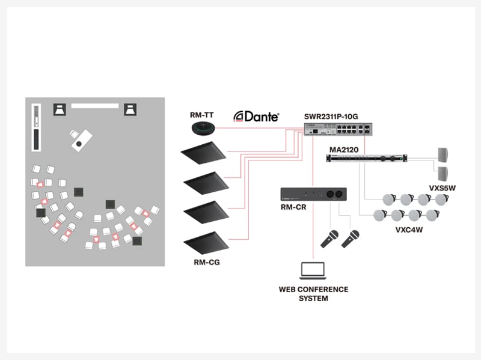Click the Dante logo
pyautogui.click(x=256, y=116)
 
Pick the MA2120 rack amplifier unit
pyautogui.click(x=366, y=158)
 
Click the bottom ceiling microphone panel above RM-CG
pyautogui.click(x=204, y=242)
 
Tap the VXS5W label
pyautogui.click(x=442, y=188)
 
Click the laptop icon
pyautogui.click(x=313, y=272)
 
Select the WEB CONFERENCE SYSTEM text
pyautogui.click(x=313, y=294)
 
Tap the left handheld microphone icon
pyautogui.click(x=329, y=239)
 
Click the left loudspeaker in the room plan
pyautogui.click(x=61, y=109)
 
